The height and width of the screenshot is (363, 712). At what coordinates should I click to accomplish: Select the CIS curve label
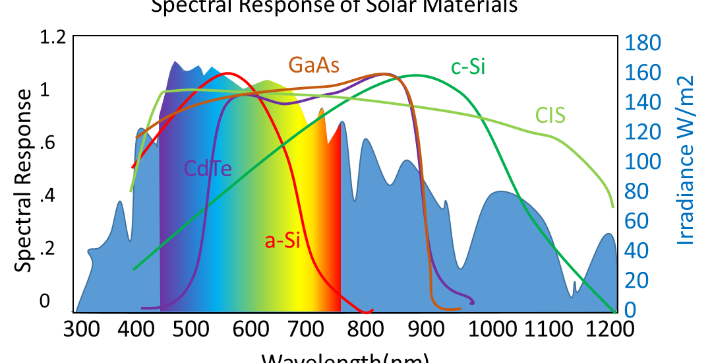pos(550,115)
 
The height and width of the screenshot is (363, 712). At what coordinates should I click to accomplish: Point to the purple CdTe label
pos(208,170)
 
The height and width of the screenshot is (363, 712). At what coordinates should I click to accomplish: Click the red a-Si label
pos(282,241)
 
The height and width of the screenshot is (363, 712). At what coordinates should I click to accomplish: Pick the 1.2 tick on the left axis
pos(52,37)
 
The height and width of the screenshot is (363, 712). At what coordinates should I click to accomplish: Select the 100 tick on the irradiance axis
pos(643,162)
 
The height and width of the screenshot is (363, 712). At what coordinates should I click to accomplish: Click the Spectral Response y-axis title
pos(24,180)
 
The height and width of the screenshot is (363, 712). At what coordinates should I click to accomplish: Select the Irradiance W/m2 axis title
pos(687,160)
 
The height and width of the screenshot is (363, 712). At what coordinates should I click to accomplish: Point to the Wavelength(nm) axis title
pos(346,358)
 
